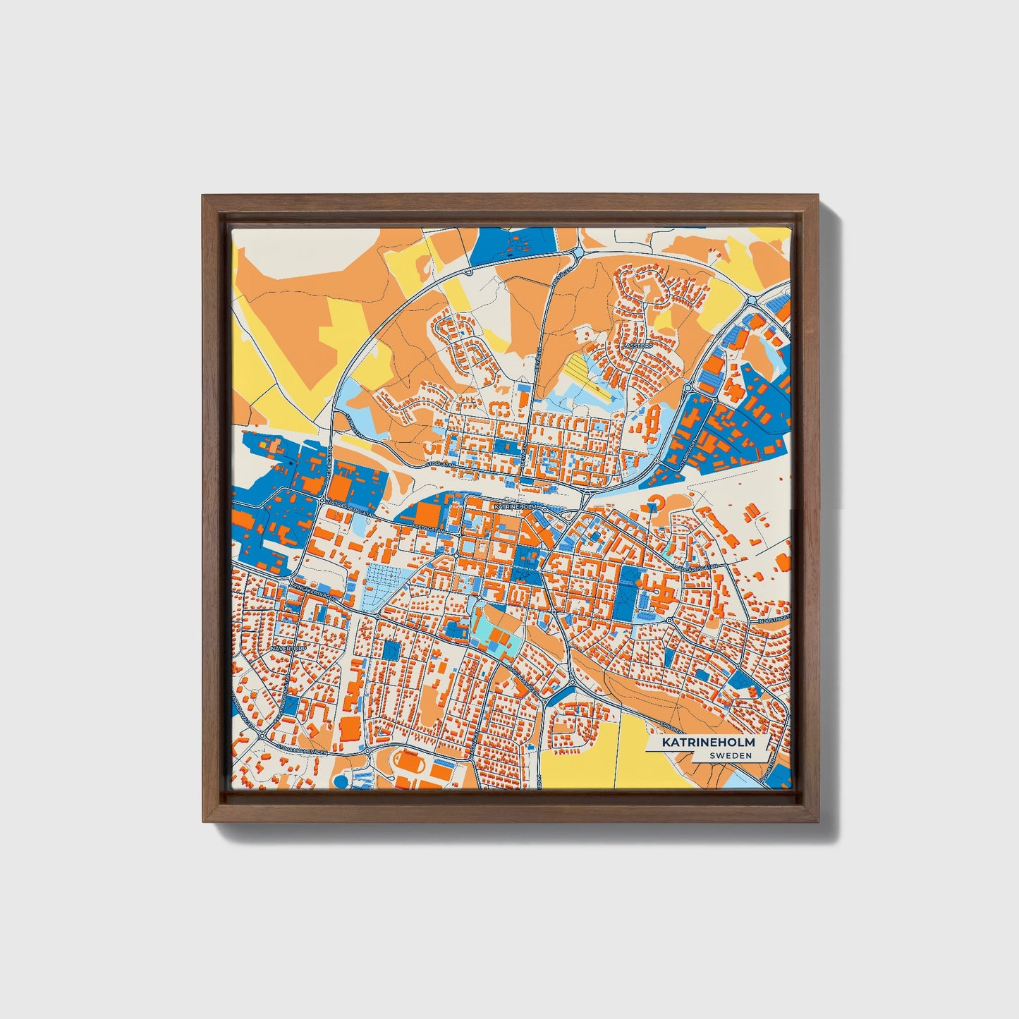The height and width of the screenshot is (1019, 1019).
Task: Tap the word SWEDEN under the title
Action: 731,756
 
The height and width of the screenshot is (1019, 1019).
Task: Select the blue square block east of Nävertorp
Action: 390,650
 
